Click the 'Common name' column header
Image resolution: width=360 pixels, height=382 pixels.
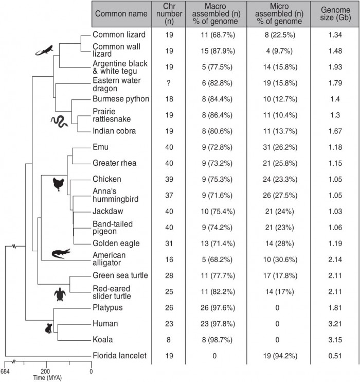pyautogui.click(x=121, y=14)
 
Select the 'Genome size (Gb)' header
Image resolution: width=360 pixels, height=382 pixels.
pyautogui.click(x=332, y=14)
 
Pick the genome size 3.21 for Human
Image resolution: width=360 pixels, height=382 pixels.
pyautogui.click(x=332, y=324)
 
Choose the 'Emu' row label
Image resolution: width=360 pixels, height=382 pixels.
pyautogui.click(x=100, y=147)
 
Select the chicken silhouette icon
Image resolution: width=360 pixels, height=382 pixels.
pyautogui.click(x=60, y=184)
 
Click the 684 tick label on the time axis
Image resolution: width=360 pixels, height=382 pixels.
pyautogui.click(x=5, y=372)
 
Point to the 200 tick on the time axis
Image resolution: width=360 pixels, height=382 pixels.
pyautogui.click(x=45, y=372)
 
